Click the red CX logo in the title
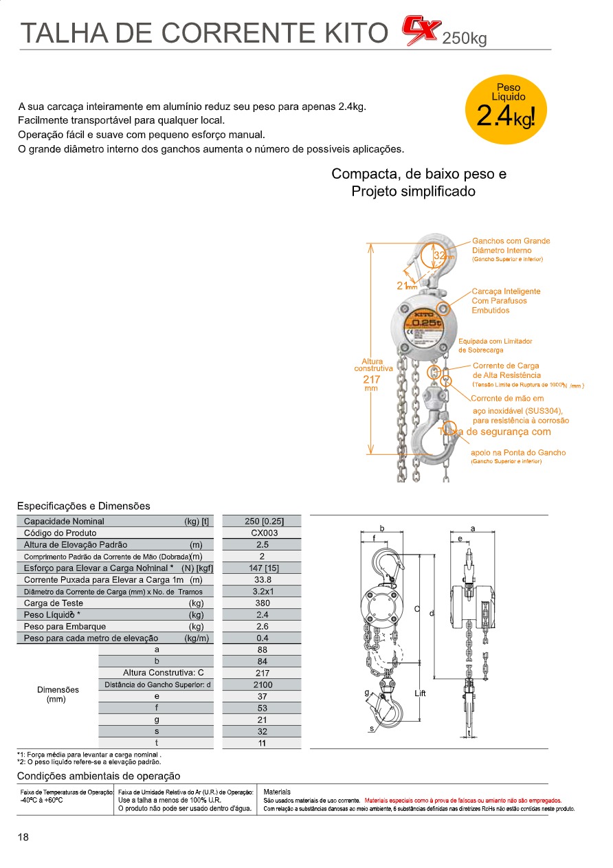421,31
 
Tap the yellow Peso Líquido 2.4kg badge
509,110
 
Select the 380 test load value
263,603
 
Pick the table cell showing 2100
263,685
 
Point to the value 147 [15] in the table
263,568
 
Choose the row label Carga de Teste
54,603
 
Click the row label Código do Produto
60,533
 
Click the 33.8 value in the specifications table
263,579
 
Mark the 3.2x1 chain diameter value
263,591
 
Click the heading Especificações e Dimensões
83,507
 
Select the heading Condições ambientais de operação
98,776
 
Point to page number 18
23,837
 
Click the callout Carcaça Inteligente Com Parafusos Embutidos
506,301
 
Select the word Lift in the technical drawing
421,693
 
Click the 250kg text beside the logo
465,38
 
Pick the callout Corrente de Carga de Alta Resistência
506,370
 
